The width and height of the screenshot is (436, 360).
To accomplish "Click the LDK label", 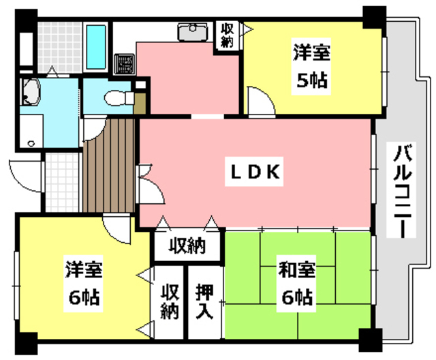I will click(x=253, y=173).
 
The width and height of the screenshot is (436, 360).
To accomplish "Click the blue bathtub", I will click(x=98, y=45).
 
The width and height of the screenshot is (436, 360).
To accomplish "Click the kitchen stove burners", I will click(x=125, y=64).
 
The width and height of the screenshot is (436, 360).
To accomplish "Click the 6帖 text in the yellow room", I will click(x=83, y=297).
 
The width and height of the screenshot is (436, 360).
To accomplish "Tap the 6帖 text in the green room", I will click(x=295, y=297).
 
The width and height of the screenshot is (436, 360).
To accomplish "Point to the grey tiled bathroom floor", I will click(x=60, y=44).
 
